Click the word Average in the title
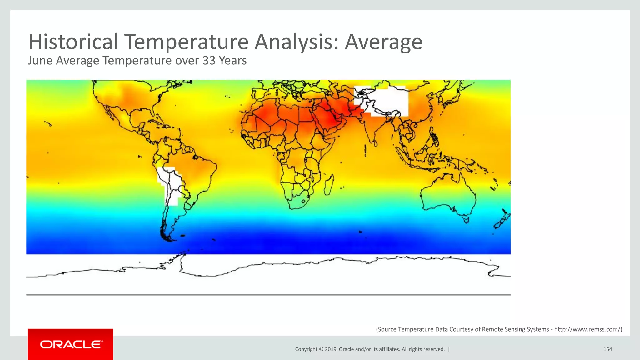[383, 42]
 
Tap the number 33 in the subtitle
[209, 60]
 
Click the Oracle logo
[71, 344]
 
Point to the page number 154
[607, 349]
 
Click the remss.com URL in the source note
[587, 329]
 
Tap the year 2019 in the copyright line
[331, 349]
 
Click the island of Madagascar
[329, 185]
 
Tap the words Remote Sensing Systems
[515, 329]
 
